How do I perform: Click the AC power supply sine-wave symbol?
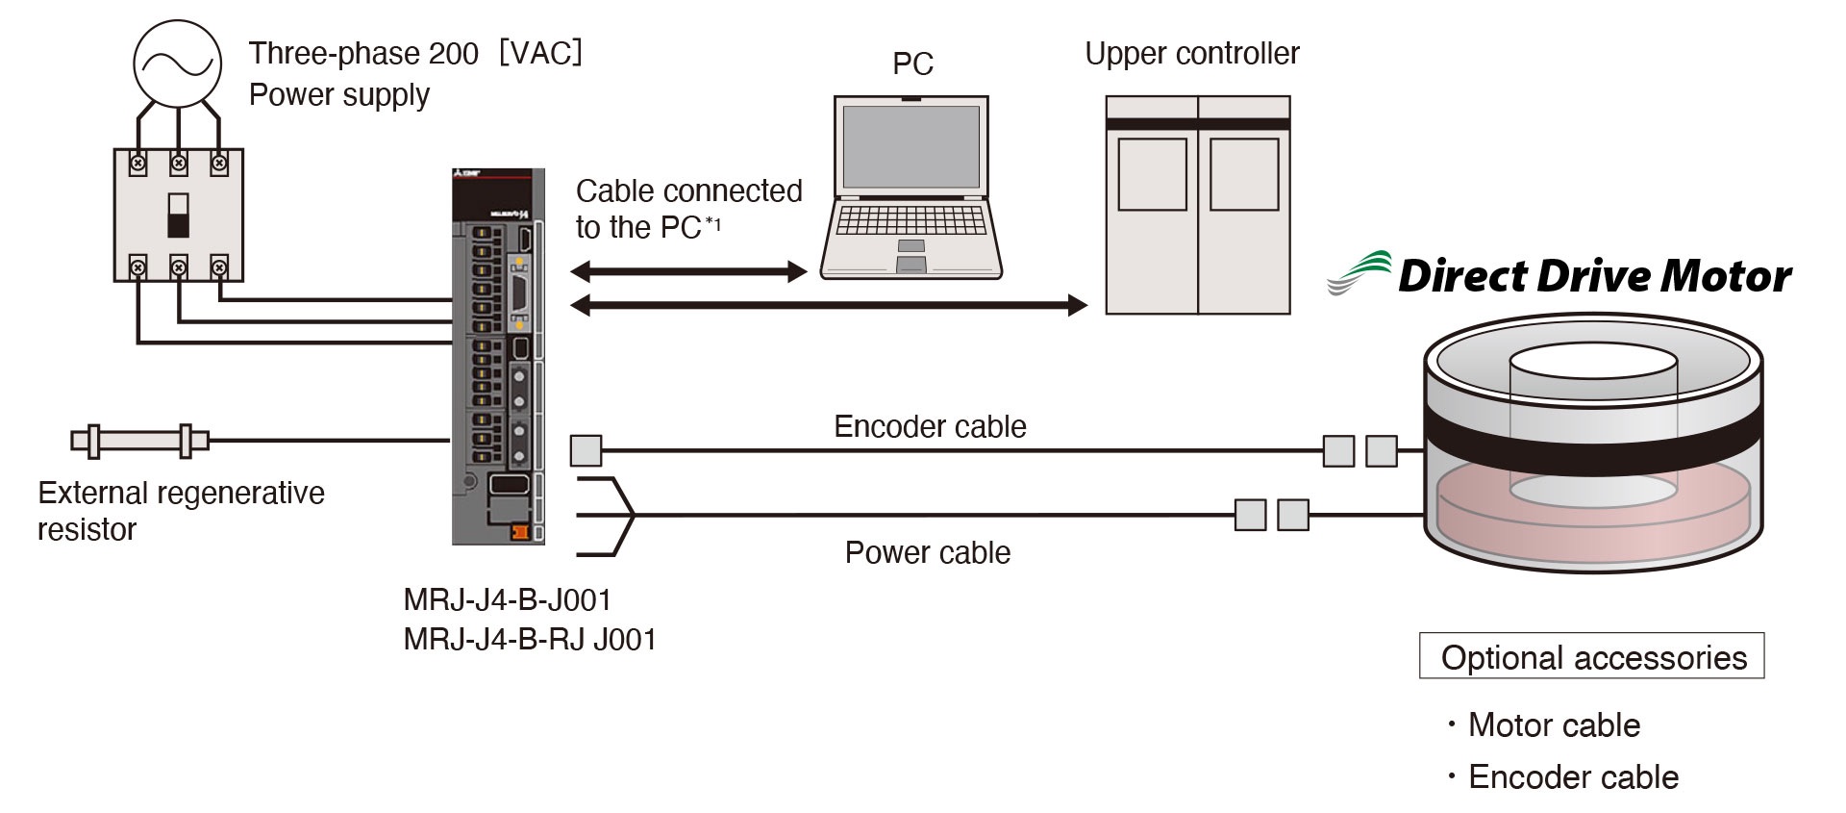[177, 64]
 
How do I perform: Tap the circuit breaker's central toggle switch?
[178, 215]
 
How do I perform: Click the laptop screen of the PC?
[911, 147]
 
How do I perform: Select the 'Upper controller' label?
[1191, 54]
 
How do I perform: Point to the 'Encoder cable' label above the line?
[930, 426]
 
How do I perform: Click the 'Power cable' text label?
[927, 552]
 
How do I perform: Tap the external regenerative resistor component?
[140, 441]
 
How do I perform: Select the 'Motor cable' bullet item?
[1553, 724]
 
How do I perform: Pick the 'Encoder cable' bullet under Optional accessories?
[1572, 776]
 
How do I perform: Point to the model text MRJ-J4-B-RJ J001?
[530, 639]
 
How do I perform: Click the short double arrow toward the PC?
[688, 271]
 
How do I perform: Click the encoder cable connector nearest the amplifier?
[586, 450]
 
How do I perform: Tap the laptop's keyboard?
[911, 221]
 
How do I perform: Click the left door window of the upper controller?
[1152, 174]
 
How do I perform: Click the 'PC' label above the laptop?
[912, 64]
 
